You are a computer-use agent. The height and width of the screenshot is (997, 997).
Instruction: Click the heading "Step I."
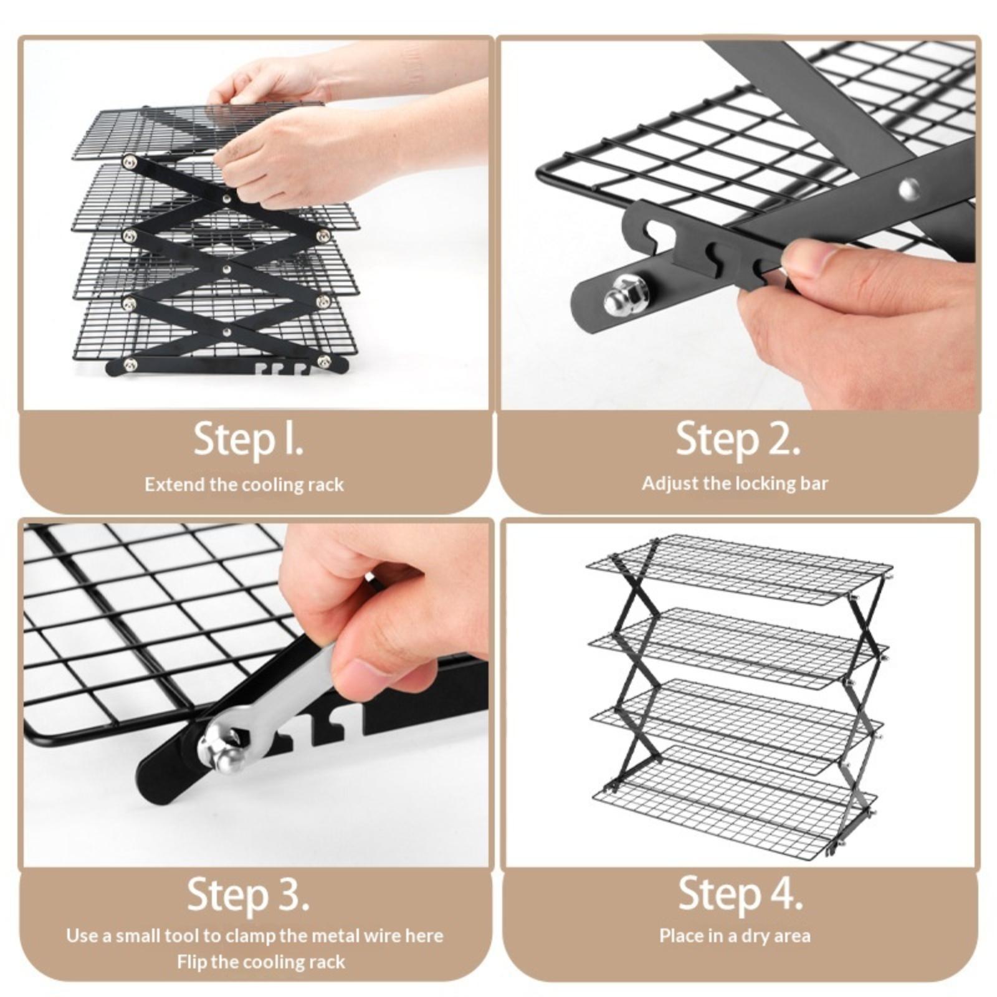click(249, 439)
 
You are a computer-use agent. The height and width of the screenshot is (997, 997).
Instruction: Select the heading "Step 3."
click(248, 895)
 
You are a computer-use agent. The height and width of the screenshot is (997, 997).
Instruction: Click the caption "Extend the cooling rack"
click(244, 484)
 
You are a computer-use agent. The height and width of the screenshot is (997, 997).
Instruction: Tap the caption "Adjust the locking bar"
click(735, 483)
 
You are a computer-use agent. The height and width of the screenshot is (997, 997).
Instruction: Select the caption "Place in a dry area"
click(735, 935)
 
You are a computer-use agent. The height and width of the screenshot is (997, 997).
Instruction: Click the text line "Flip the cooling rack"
click(260, 961)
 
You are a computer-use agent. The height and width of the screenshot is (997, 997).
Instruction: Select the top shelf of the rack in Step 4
click(737, 569)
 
